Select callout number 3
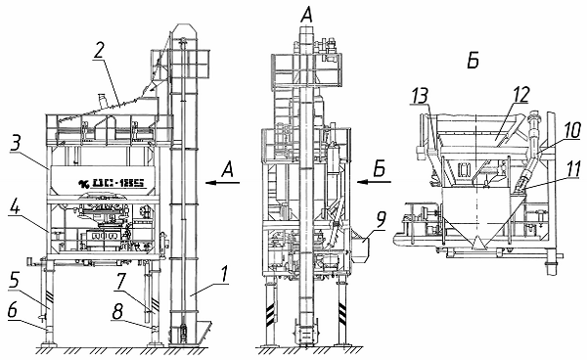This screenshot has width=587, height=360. click(16, 143)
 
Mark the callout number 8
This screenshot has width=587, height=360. click(117, 312)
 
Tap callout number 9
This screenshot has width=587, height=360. click(381, 221)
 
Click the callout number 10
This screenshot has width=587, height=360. click(571, 130)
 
